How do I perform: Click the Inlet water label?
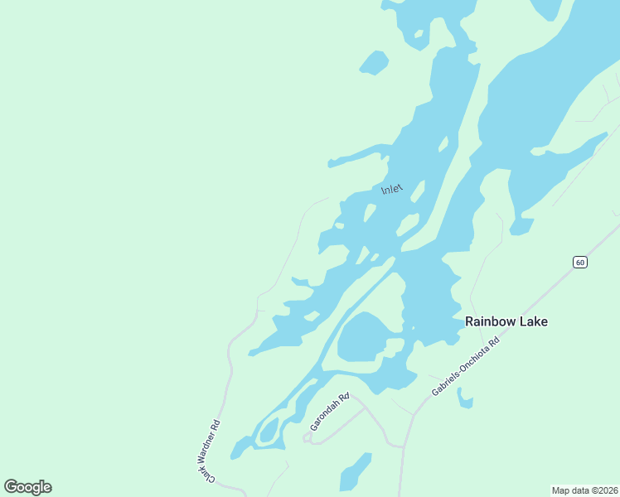[391, 190]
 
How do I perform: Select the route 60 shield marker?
[579, 262]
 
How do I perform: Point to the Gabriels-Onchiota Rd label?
[466, 365]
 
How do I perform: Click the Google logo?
[27, 486]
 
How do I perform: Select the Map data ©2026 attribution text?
[585, 490]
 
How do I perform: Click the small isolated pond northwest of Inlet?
[374, 62]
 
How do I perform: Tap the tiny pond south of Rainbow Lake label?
[465, 402]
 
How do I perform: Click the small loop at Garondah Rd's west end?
[308, 437]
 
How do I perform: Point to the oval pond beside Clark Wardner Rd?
[269, 431]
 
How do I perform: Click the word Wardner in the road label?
[211, 445]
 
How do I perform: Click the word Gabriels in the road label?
[448, 379]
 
